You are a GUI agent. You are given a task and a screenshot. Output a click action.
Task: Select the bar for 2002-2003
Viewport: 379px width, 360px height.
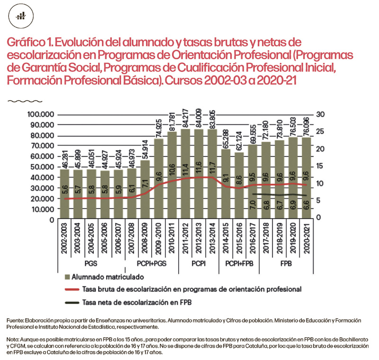[x=64, y=194]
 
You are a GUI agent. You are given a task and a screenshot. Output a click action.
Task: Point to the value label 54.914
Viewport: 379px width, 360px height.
[x=145, y=148]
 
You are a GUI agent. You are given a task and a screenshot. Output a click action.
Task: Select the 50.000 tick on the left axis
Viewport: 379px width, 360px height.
[x=42, y=167]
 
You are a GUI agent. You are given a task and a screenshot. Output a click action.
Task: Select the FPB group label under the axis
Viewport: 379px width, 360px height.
[x=286, y=263]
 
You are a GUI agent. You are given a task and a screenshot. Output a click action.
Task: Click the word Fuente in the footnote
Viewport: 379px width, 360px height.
[x=16, y=321]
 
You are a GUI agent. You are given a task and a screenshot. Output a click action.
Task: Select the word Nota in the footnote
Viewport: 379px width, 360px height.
[x=14, y=341]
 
